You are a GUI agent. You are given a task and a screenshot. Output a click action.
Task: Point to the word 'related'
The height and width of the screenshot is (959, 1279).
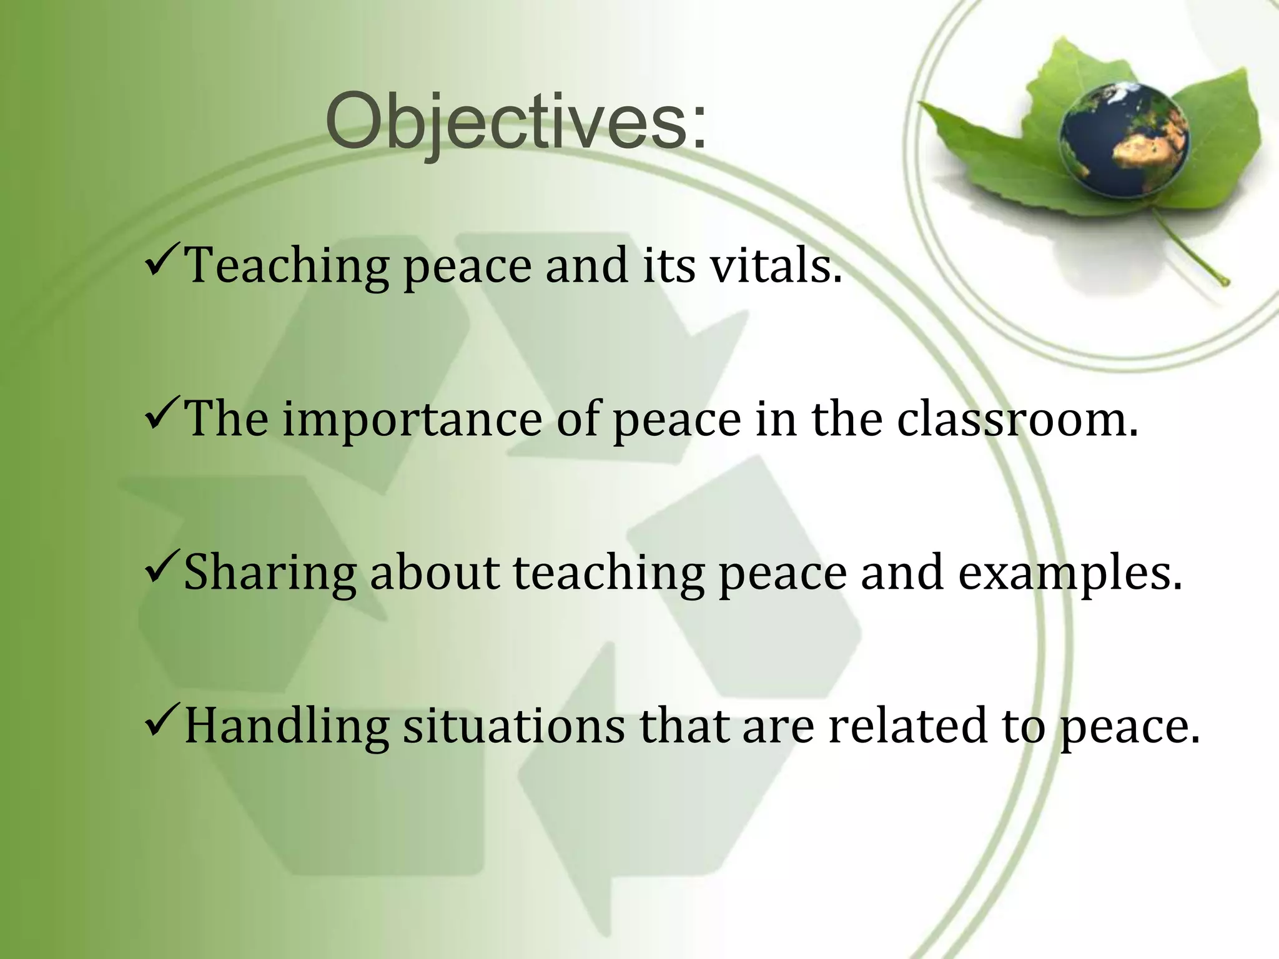tap(908, 725)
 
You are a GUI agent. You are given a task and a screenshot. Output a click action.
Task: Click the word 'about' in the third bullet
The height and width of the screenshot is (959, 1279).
tap(435, 573)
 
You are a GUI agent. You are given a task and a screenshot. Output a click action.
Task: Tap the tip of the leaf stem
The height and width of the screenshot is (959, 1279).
tap(1225, 282)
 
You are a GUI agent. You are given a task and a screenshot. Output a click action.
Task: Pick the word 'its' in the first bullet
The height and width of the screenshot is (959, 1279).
tap(669, 265)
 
